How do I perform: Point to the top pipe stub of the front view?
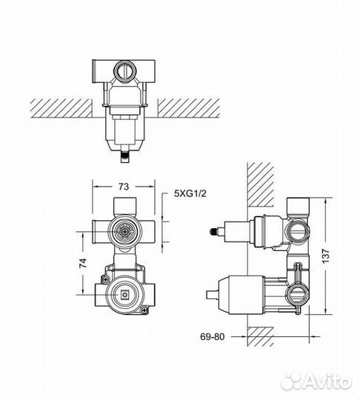(x=124, y=206)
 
